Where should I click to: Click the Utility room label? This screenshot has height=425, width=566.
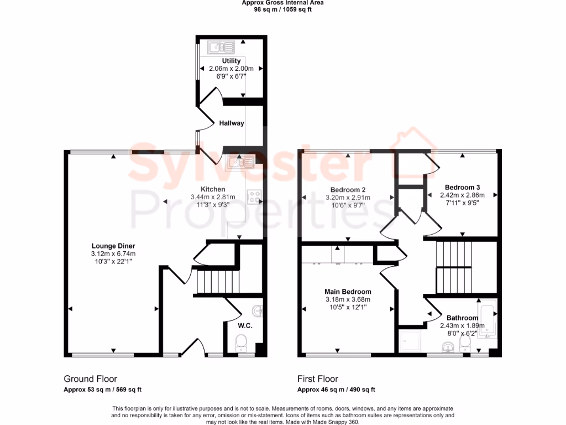click(x=231, y=61)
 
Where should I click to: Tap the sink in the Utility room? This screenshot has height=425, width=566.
click(x=221, y=46)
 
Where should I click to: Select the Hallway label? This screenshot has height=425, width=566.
click(x=231, y=123)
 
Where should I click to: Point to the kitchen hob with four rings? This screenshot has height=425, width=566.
click(x=254, y=196)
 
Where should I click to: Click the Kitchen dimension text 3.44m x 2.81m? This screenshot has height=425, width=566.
click(x=213, y=197)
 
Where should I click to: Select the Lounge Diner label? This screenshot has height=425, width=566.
click(x=113, y=246)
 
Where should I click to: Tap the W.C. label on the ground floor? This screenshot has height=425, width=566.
click(x=245, y=326)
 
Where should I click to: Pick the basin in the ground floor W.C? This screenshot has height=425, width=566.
click(x=258, y=309)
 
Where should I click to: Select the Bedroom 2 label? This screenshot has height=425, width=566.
click(x=348, y=189)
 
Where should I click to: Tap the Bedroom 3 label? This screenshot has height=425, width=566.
click(x=462, y=187)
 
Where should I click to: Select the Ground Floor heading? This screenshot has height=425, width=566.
click(x=91, y=379)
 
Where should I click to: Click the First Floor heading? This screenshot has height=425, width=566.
click(x=318, y=379)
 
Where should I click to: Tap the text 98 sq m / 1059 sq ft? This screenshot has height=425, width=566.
click(x=282, y=9)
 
